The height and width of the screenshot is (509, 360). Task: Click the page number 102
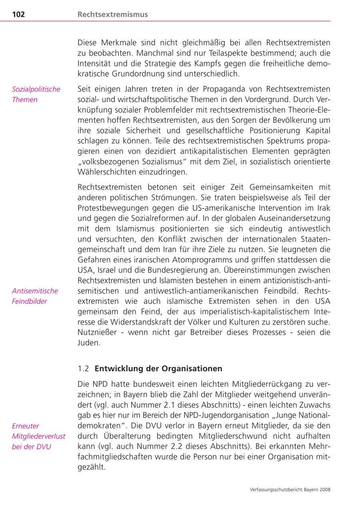[18, 14]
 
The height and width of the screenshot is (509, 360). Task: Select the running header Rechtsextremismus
[112, 14]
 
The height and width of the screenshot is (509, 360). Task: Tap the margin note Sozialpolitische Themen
[36, 94]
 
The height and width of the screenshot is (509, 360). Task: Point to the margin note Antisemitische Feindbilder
[35, 296]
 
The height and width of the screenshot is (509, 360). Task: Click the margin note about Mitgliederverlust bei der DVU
[38, 436]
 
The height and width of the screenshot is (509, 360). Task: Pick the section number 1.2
[84, 368]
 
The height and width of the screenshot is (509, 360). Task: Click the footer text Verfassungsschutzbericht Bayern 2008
[290, 489]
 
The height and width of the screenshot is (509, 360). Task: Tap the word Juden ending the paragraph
[88, 343]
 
